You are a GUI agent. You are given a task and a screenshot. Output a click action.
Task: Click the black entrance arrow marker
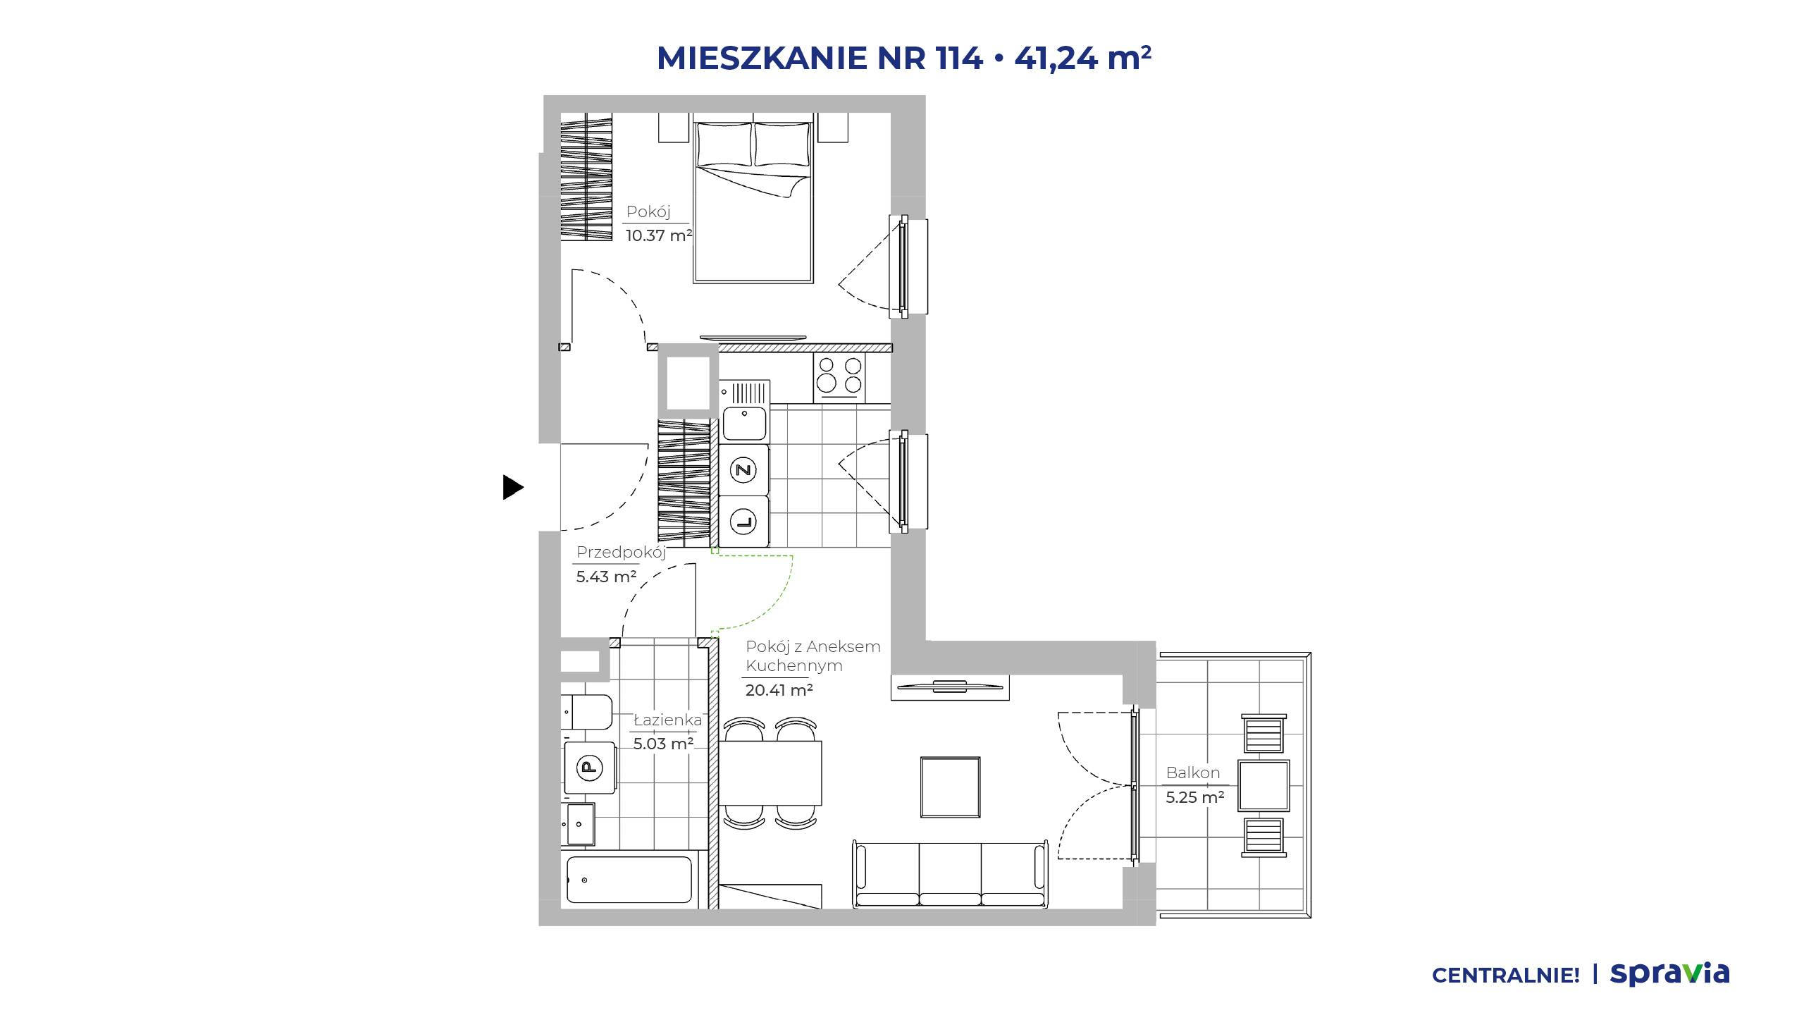(x=512, y=487)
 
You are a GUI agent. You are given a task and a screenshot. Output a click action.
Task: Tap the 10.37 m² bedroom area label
(x=659, y=235)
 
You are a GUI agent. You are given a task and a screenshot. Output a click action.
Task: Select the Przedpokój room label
(x=621, y=553)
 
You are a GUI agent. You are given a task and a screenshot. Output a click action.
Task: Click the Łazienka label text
(x=667, y=720)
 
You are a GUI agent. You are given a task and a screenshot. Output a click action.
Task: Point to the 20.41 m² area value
(x=779, y=690)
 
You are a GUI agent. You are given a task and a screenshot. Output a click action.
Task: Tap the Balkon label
(x=1192, y=773)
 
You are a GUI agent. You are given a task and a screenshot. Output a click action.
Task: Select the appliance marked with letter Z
(x=743, y=469)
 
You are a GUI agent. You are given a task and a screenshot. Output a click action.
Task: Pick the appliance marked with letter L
(x=743, y=522)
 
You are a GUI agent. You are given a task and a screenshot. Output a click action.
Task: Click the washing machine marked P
(x=589, y=767)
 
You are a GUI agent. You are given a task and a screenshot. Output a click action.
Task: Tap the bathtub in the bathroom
(x=629, y=879)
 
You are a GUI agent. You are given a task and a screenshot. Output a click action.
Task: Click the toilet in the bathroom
(x=587, y=713)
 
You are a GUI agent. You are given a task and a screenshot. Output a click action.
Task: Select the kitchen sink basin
(x=744, y=424)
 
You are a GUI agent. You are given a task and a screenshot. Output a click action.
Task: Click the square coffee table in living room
(x=950, y=787)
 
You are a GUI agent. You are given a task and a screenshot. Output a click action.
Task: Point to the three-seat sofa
(x=950, y=874)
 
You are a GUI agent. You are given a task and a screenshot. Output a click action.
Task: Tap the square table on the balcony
(x=1264, y=786)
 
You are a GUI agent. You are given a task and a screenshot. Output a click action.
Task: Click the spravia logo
(x=1669, y=974)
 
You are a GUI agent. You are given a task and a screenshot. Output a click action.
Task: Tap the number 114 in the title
(x=960, y=58)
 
